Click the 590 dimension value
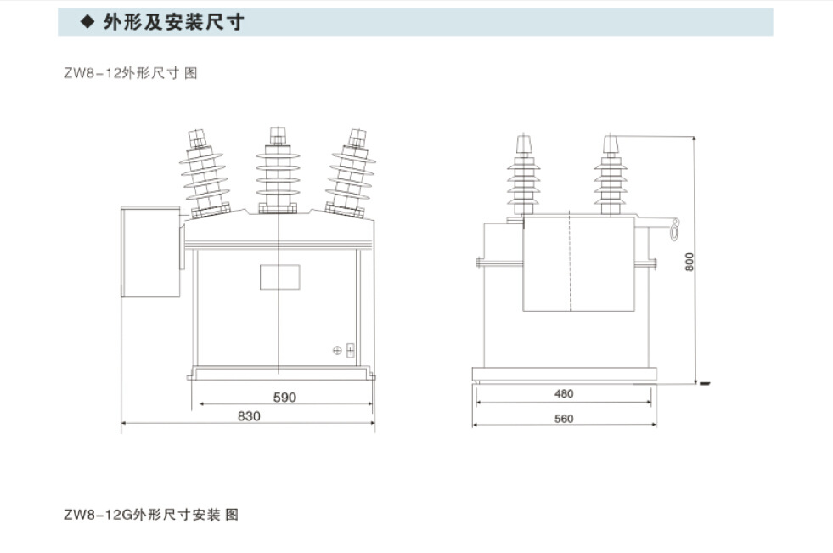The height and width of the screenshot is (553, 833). [284, 397]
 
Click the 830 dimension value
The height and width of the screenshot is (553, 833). [249, 415]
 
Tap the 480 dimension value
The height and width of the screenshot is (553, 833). [564, 393]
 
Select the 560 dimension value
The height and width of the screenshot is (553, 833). [564, 418]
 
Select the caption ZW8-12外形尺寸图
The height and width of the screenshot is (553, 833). [130, 73]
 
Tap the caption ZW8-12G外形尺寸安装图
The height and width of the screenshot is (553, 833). [151, 514]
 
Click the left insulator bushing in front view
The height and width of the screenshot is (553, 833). [205, 173]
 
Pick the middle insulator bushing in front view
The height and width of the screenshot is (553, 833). [277, 173]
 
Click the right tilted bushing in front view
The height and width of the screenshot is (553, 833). [350, 173]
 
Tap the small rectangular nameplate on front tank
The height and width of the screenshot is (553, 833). [279, 277]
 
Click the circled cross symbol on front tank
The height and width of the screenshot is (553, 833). [337, 349]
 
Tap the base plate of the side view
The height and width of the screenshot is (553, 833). [564, 373]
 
